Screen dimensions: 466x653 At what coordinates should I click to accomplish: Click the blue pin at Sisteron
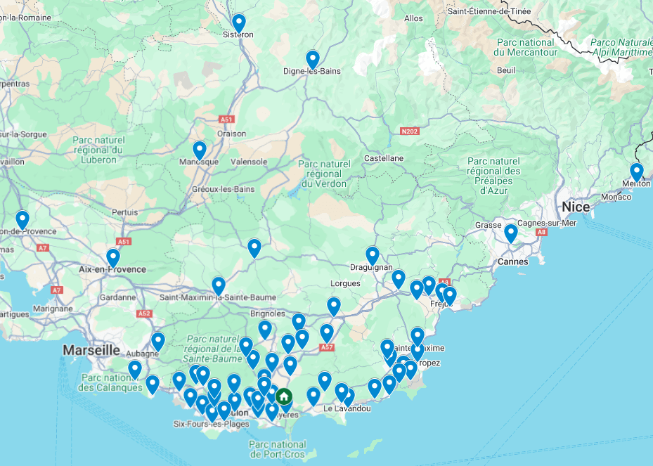click(x=239, y=23)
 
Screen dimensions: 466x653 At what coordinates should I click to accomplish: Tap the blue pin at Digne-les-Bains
click(x=313, y=59)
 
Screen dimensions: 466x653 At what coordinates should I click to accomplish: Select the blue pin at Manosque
click(x=200, y=150)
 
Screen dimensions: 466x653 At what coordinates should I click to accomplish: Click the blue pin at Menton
click(x=636, y=171)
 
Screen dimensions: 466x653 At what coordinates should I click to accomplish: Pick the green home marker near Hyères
click(x=283, y=397)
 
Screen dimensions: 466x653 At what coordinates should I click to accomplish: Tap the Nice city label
click(x=576, y=207)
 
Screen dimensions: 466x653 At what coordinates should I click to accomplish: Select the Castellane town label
click(x=383, y=158)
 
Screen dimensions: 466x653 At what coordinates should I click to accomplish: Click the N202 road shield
click(x=408, y=131)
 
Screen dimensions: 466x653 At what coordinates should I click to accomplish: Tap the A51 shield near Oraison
click(x=226, y=119)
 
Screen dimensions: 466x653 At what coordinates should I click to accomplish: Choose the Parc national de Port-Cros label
click(x=278, y=449)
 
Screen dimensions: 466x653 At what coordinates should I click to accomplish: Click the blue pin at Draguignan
click(x=372, y=255)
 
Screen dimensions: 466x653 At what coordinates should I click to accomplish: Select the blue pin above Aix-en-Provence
click(x=113, y=257)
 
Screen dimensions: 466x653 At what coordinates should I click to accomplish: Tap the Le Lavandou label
click(x=347, y=408)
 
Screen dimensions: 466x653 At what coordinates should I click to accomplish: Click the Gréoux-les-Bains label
click(x=223, y=189)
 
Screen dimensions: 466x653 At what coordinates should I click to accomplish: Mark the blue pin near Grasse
click(x=511, y=233)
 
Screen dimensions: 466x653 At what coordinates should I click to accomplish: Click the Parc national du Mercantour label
click(x=524, y=47)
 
